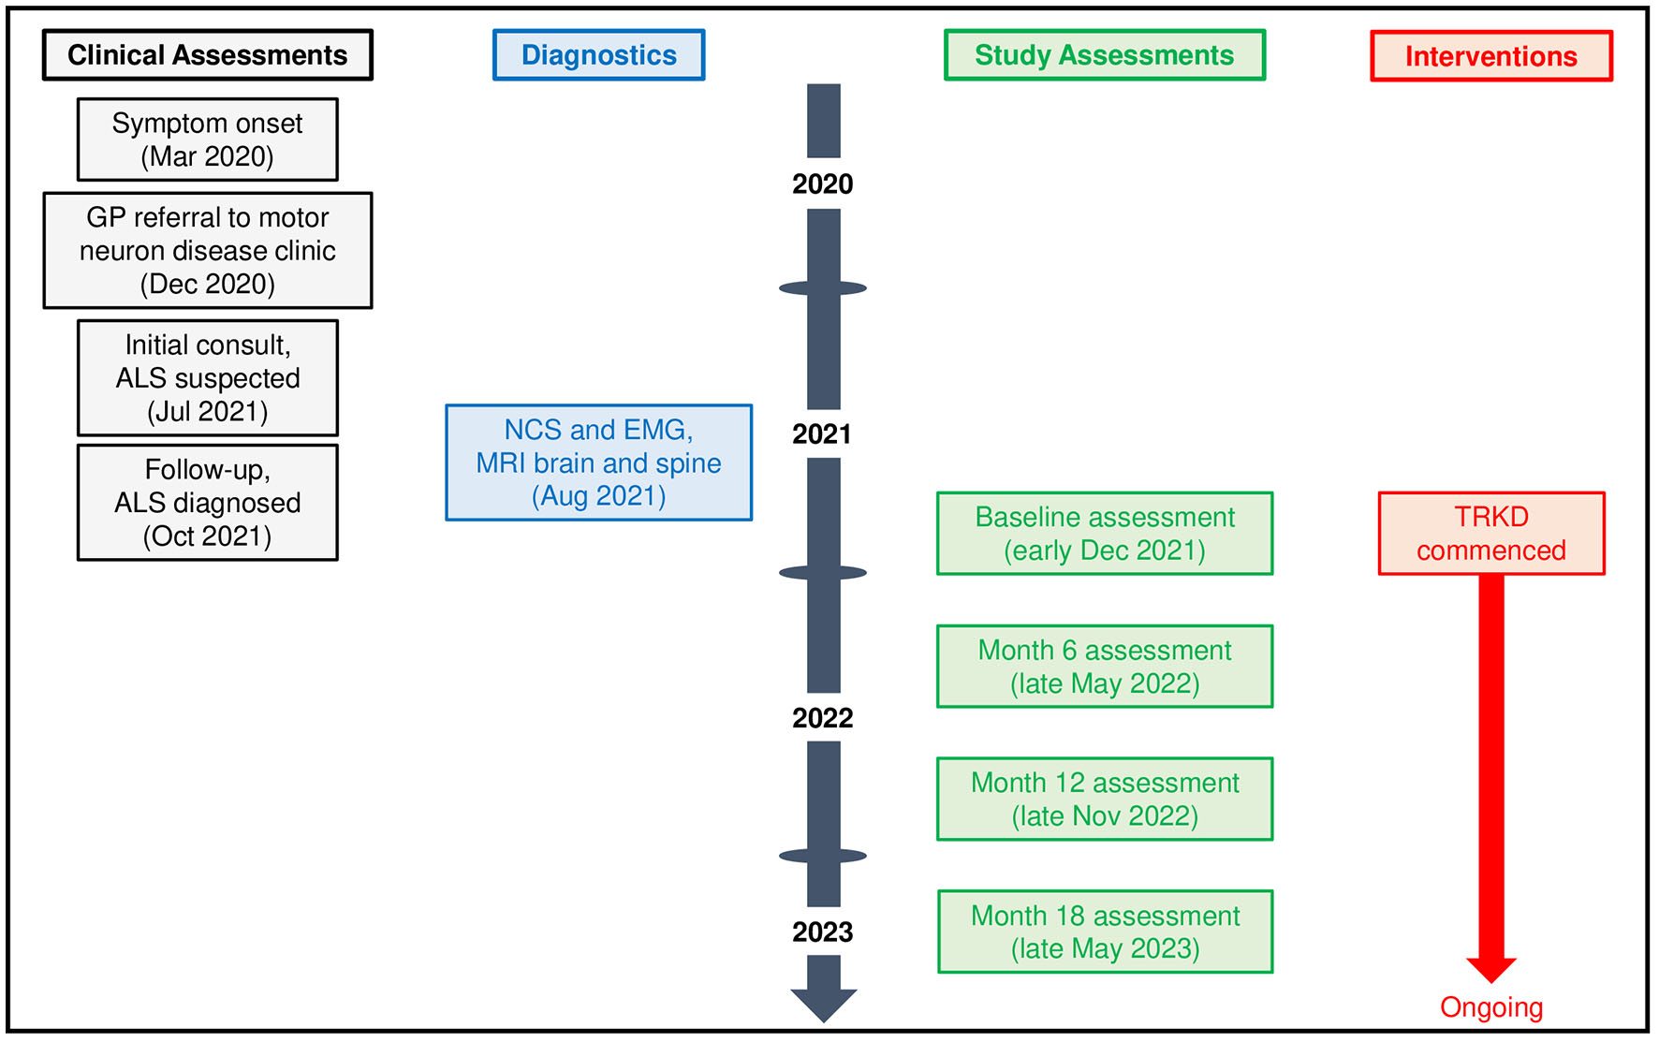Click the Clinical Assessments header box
coord(207,55)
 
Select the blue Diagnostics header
coord(598,55)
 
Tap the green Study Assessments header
coord(1104,55)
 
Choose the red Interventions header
coord(1490,56)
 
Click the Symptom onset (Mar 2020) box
coord(207,139)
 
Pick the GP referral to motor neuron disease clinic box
coord(207,250)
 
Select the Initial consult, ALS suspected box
coord(207,378)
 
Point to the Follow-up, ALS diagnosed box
coord(207,503)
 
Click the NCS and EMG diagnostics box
coord(598,462)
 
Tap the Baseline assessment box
coord(1104,534)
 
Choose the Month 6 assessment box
coord(1104,667)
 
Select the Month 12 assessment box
coord(1104,799)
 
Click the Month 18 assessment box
coord(1104,932)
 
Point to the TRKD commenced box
coord(1490,534)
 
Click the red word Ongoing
coord(1490,1007)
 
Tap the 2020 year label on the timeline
coord(822,183)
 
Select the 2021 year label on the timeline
coord(822,434)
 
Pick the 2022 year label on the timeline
coord(822,718)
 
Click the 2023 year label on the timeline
coord(822,932)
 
